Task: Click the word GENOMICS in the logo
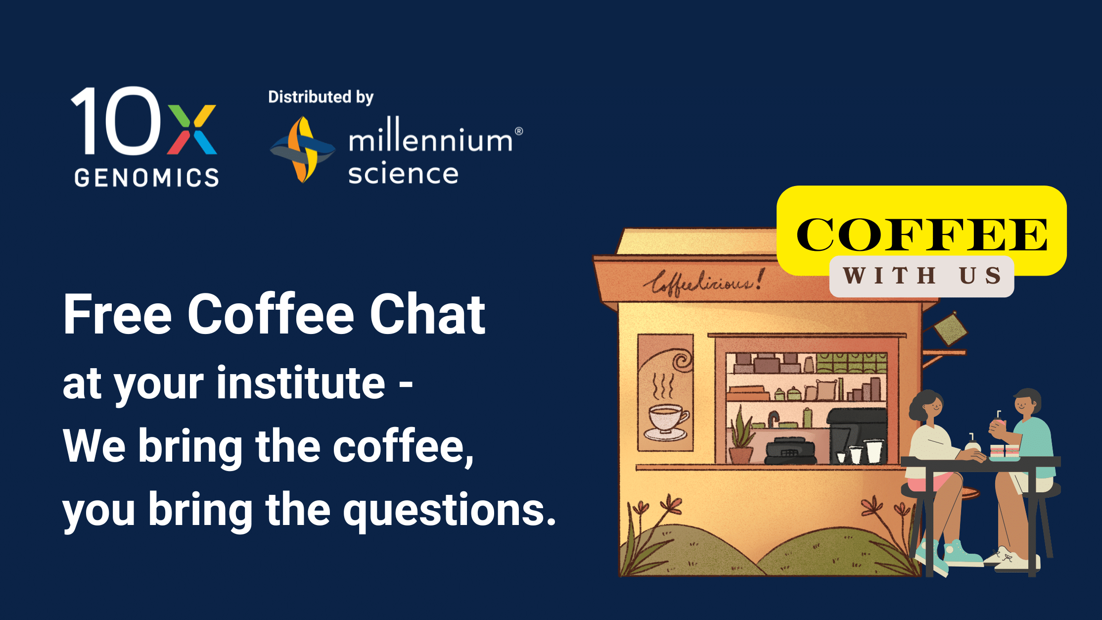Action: [x=146, y=178]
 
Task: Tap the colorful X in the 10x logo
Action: [x=192, y=129]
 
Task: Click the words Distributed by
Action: [x=321, y=97]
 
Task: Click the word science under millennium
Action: [x=403, y=174]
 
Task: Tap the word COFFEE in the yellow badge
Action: [x=921, y=235]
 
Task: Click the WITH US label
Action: [x=921, y=276]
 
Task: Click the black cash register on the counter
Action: [x=790, y=450]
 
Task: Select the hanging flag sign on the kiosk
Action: [x=950, y=329]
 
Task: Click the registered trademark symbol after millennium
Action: [x=519, y=131]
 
